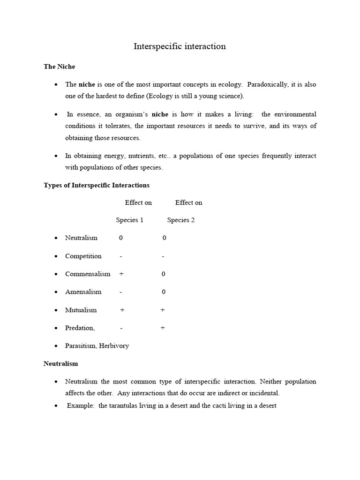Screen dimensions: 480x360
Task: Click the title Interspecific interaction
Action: click(x=180, y=46)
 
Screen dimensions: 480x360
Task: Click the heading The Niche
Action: click(x=59, y=67)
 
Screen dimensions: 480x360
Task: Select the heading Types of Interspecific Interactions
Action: click(x=97, y=185)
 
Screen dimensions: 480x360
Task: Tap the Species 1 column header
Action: click(x=130, y=220)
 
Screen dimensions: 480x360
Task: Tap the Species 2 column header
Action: click(x=181, y=220)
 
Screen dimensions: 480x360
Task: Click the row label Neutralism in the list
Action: click(x=81, y=238)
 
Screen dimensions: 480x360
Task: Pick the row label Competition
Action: click(x=83, y=256)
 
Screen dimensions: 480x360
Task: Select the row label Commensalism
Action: click(x=88, y=274)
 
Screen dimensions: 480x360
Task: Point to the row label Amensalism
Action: click(x=83, y=292)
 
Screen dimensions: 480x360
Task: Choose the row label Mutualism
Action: click(x=81, y=310)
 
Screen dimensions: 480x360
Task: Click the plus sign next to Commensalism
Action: click(x=121, y=274)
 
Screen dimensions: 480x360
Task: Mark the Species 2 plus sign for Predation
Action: click(x=163, y=328)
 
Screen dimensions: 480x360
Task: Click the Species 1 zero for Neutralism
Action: click(x=121, y=238)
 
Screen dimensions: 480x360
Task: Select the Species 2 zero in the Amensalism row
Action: click(x=164, y=292)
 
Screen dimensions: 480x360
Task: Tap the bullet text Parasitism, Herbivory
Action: click(x=97, y=346)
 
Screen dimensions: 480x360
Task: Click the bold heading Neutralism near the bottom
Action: click(x=61, y=363)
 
